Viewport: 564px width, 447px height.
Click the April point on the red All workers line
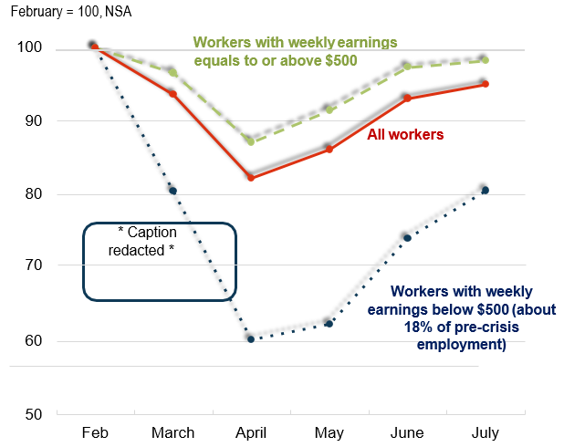pos(250,177)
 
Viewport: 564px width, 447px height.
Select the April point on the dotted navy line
pos(250,338)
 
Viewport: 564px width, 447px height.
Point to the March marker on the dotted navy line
pos(172,191)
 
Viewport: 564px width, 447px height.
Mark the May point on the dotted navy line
pos(329,323)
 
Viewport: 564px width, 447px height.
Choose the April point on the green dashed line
pos(250,141)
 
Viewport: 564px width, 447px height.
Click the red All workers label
pos(405,135)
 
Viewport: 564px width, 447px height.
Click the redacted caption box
pos(160,261)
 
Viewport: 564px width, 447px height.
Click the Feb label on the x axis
pos(95,431)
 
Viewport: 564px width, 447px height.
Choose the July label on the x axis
pos(484,431)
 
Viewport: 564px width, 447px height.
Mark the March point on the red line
pos(172,94)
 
